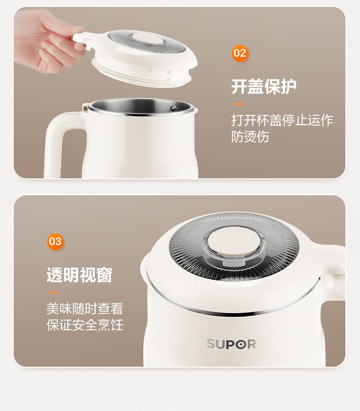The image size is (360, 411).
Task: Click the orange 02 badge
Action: [240, 53]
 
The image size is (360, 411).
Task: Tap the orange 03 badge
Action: [56, 241]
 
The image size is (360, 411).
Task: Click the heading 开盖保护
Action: [264, 87]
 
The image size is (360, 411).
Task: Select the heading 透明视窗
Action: [80, 275]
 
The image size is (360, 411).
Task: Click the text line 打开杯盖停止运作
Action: [282, 120]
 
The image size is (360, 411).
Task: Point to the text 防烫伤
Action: [250, 136]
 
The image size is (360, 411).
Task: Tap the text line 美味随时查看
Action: [85, 308]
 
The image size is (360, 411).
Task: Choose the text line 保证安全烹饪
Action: [85, 325]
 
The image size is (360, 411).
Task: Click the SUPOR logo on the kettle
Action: [231, 344]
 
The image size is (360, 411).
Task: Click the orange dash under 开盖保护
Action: [238, 104]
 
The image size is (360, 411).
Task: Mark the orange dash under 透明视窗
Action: [54, 292]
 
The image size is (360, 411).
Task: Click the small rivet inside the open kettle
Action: [173, 108]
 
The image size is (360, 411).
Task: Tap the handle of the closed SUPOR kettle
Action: [334, 273]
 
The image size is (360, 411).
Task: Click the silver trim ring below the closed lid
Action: [231, 308]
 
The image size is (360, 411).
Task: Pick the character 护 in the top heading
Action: [288, 87]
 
